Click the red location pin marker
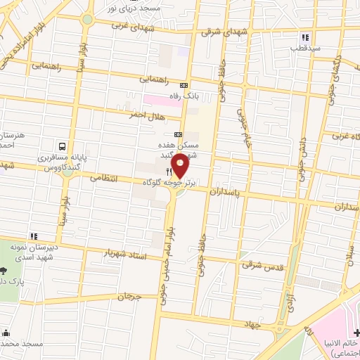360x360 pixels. [181, 166]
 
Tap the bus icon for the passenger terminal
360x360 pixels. [63, 147]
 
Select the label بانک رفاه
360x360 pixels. [178, 95]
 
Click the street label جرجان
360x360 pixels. [129, 297]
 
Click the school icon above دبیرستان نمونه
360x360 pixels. [33, 236]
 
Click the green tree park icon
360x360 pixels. [4, 271]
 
